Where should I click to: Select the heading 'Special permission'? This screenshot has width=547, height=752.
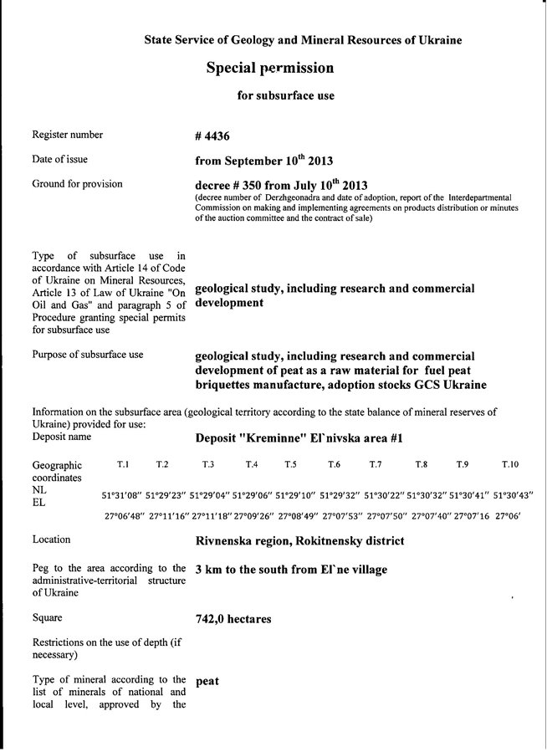269,68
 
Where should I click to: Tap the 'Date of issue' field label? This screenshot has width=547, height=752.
59,158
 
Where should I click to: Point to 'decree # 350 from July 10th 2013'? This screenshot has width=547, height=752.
281,184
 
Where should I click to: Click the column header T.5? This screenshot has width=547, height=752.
290,463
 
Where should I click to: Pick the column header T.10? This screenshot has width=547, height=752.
509,463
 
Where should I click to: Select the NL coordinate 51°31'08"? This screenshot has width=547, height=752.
122,495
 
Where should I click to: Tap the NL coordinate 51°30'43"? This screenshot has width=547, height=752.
514,495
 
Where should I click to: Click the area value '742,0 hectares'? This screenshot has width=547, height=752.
233,620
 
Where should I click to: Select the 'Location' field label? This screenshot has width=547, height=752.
51,540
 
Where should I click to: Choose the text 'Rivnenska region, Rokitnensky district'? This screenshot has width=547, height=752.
299,541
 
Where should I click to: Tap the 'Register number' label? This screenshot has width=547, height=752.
67,134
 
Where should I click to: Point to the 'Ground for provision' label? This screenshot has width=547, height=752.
77,183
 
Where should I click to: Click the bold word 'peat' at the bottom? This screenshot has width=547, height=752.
207,681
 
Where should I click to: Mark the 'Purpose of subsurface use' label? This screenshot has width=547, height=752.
87,355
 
